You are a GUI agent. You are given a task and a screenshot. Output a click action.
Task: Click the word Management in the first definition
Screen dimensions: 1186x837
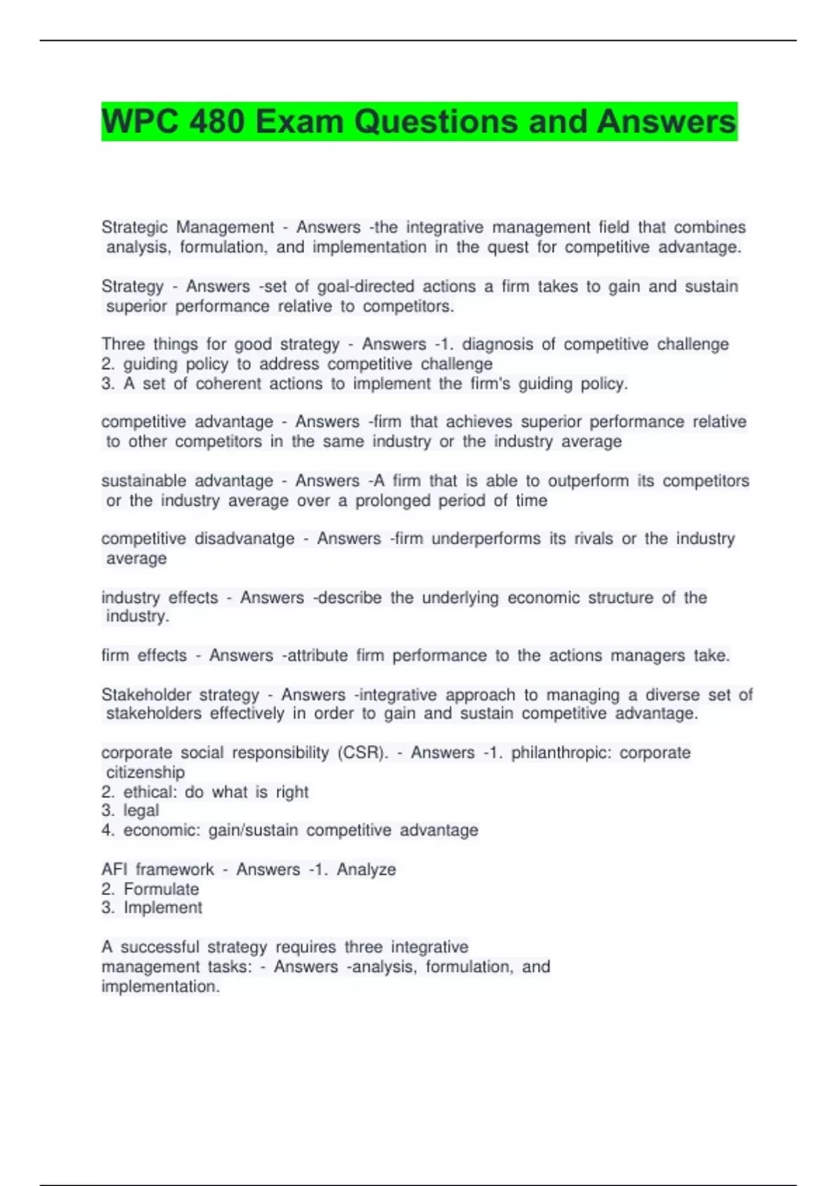click(x=225, y=227)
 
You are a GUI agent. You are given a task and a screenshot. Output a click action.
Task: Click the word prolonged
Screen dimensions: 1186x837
click(x=393, y=501)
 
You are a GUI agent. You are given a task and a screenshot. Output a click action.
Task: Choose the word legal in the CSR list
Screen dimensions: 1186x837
click(x=141, y=811)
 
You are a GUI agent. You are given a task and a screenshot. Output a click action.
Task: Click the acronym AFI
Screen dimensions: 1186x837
click(x=114, y=870)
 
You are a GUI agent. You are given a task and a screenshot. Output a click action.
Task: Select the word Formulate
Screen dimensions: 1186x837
click(x=161, y=889)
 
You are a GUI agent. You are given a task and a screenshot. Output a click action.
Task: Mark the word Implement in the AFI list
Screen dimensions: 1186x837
click(x=163, y=908)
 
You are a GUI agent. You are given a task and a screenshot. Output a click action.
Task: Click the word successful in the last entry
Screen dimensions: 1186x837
click(x=160, y=947)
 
